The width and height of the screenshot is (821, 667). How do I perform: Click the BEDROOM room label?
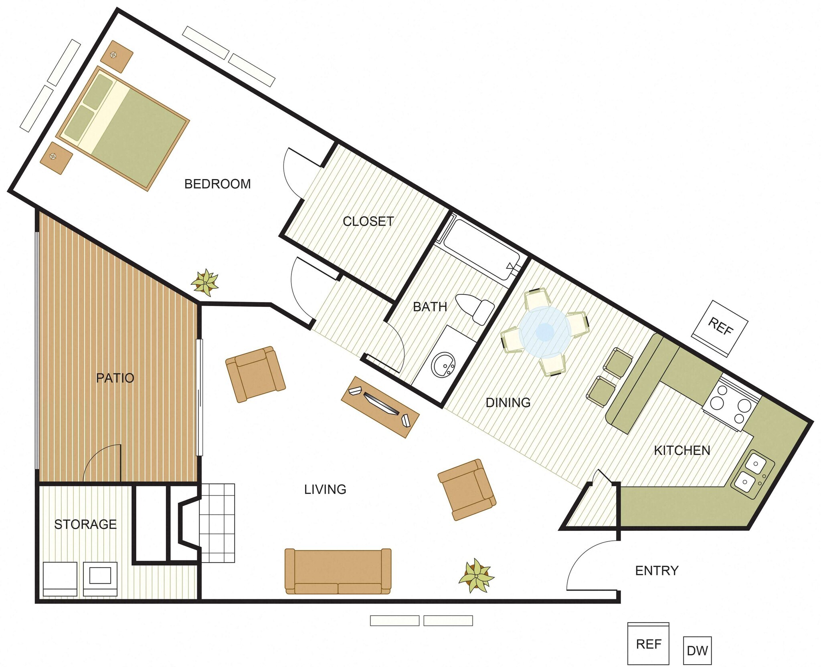pyautogui.click(x=217, y=184)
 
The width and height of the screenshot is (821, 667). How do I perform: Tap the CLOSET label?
pyautogui.click(x=368, y=221)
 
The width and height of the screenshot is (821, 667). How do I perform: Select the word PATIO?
pyautogui.click(x=115, y=378)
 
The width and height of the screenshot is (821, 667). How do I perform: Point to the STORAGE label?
pyautogui.click(x=85, y=524)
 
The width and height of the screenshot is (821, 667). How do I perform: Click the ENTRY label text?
pyautogui.click(x=657, y=570)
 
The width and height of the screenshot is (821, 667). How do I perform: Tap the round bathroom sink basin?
pyautogui.click(x=443, y=364)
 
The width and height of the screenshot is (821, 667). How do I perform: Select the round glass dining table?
pyautogui.click(x=545, y=332)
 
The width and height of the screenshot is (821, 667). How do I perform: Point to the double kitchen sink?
pyautogui.click(x=752, y=475)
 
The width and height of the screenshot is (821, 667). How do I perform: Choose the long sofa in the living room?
pyautogui.click(x=338, y=571)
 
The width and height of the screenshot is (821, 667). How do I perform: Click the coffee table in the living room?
pyautogui.click(x=380, y=407)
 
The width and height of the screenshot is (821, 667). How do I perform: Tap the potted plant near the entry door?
pyautogui.click(x=476, y=576)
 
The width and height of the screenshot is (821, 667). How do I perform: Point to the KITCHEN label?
pyautogui.click(x=682, y=451)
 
